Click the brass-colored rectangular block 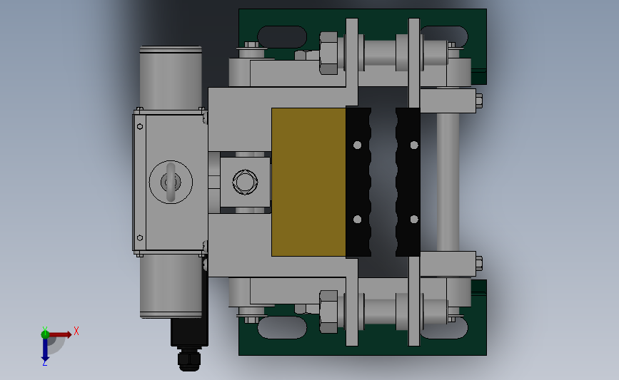tap(308, 182)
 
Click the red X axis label tap(76, 331)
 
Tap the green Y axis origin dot tap(45, 334)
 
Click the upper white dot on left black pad tap(357, 145)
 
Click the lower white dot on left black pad tap(357, 219)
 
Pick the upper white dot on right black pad tap(414, 145)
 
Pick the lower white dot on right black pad tap(414, 219)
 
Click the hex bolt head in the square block tap(245, 182)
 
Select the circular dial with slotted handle tap(171, 182)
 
